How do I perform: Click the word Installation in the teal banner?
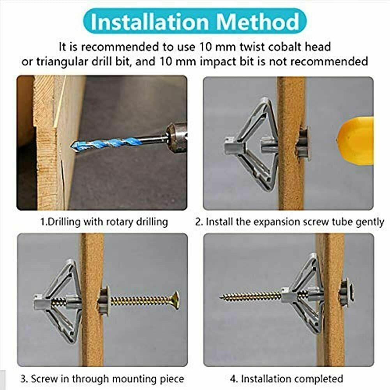coord(150,22)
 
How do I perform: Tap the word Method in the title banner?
coord(258,22)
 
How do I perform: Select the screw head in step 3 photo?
coord(175,300)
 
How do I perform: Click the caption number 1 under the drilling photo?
coord(42,222)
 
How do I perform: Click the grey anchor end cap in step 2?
coord(231,146)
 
